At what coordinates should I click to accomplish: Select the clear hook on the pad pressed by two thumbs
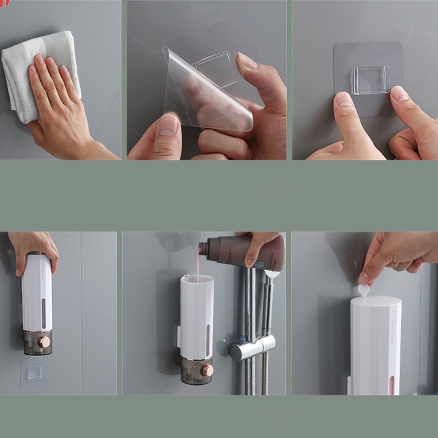[x=371, y=80]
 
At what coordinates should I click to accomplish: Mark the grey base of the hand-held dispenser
[x=37, y=343]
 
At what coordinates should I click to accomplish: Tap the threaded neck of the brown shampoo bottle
[x=204, y=249]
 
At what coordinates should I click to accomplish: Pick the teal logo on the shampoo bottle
[x=259, y=265]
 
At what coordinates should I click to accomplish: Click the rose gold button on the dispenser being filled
[x=207, y=370]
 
